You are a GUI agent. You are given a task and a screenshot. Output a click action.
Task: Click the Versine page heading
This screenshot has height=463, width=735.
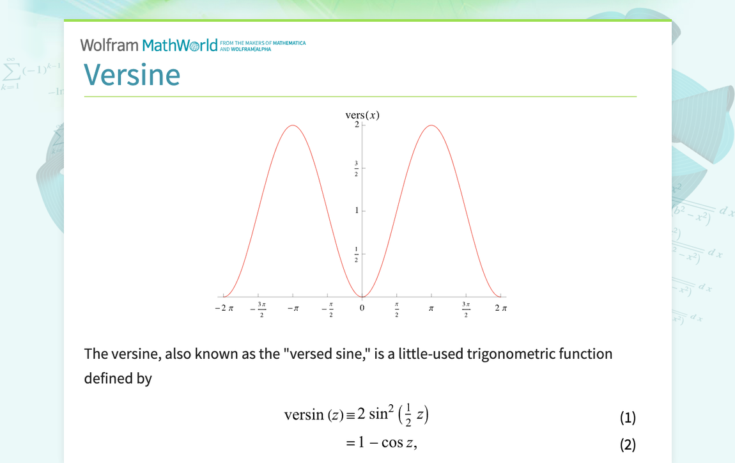pos(132,75)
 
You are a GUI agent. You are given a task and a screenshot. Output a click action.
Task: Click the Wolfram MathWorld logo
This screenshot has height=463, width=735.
pos(149,45)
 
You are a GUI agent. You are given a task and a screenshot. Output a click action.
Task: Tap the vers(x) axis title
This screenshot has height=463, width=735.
pos(362,115)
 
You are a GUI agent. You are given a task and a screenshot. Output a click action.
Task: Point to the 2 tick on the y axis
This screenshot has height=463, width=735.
pos(356,125)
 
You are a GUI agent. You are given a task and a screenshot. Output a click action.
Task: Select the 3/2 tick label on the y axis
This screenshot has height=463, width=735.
pos(356,168)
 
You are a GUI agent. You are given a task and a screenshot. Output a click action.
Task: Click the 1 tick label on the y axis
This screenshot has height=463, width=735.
pos(357,210)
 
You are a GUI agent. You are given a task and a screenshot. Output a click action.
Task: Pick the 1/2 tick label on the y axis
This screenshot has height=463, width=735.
pos(356,254)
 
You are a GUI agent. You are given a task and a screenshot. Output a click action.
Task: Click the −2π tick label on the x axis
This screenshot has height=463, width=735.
pos(224,308)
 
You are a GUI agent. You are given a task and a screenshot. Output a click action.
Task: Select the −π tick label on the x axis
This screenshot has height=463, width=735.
pos(293,308)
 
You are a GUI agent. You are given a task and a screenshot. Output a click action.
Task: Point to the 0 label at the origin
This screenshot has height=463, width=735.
pos(362,308)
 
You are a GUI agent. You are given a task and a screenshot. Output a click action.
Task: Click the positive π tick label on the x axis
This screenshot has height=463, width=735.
pos(431,308)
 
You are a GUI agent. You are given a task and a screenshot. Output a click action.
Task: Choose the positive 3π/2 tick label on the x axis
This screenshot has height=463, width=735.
pos(466,309)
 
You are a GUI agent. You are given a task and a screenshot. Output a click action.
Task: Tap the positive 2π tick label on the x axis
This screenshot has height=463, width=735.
pos(500,308)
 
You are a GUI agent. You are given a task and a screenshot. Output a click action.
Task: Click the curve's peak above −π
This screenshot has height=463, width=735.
pos(293,125)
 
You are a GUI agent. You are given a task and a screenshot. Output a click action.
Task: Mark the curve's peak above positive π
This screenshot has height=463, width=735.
pos(431,125)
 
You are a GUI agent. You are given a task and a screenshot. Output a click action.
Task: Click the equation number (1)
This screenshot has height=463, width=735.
pos(628,418)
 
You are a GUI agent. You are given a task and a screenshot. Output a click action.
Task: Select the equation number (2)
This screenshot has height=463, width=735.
pos(628,444)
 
